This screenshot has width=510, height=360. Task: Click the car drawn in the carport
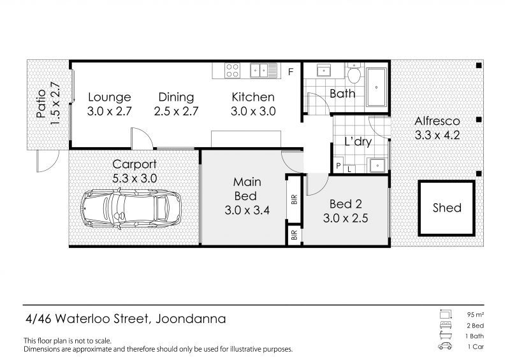(x=131, y=209)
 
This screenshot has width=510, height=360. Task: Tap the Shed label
(x=447, y=208)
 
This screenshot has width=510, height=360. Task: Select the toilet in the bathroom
(x=354, y=73)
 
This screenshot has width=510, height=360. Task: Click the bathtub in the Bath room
(x=376, y=87)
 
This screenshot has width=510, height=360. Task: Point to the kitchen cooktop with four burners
(x=232, y=71)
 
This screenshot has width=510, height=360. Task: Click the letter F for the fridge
(x=291, y=71)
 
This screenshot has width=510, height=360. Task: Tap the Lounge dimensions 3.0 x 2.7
(x=109, y=112)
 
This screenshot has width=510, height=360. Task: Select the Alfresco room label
(x=437, y=121)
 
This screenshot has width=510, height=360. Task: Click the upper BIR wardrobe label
(x=295, y=199)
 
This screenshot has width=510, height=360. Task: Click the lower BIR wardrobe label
(x=295, y=235)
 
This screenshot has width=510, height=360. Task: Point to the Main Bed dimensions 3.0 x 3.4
(x=247, y=210)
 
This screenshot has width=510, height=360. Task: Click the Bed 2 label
(x=346, y=204)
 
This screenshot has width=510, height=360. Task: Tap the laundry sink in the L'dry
(x=377, y=166)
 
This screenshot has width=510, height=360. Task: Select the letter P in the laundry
(x=339, y=166)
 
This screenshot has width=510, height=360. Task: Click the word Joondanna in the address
(x=191, y=319)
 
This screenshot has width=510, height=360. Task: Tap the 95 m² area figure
(x=475, y=315)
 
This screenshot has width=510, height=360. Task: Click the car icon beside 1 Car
(x=445, y=346)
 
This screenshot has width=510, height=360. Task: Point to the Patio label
(x=41, y=103)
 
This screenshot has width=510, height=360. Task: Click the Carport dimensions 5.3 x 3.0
(x=135, y=178)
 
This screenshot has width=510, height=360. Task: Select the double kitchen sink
(x=263, y=71)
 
